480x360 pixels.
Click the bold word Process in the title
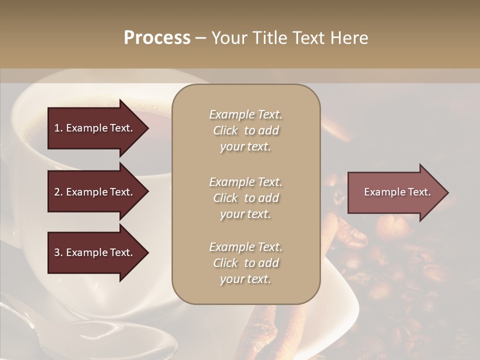point(157,38)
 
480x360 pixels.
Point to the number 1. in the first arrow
point(58,128)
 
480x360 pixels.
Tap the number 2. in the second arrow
point(58,192)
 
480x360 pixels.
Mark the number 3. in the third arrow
point(58,252)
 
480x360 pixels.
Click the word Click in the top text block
point(225,130)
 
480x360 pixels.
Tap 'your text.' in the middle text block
point(245,214)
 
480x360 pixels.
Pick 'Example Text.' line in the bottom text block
point(245,247)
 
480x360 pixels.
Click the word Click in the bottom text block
point(225,263)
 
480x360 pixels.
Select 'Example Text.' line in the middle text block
point(245,182)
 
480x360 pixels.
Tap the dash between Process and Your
point(200,38)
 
